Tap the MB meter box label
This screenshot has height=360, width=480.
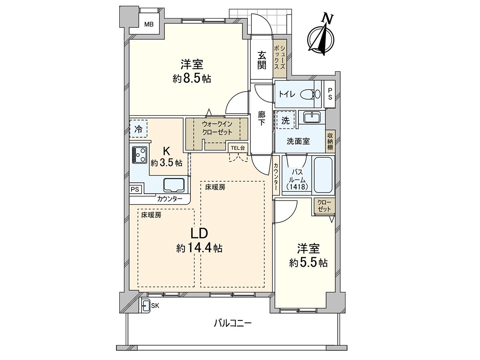coord(149,24)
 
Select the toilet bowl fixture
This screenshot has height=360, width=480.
coord(310,94)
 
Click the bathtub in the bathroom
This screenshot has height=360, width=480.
coord(323,175)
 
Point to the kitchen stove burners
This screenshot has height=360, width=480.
coord(139,155)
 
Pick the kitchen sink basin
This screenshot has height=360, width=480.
coord(174,185)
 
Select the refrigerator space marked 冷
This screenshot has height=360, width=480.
coord(138,128)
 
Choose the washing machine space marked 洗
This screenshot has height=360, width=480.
coord(285,120)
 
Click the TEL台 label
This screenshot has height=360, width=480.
coord(238,148)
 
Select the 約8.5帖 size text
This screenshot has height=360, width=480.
coord(192,79)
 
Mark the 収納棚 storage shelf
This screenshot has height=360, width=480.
coord(330,142)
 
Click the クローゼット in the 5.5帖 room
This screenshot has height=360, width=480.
coord(324,206)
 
